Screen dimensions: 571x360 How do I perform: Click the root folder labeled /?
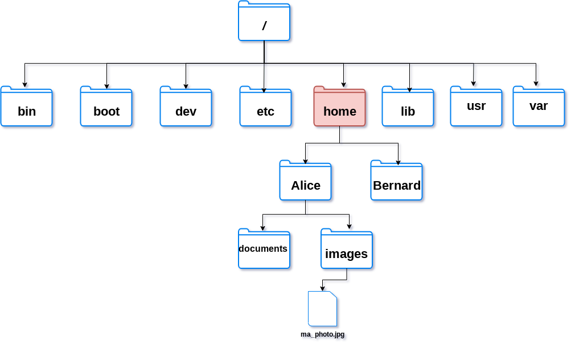coord(264,21)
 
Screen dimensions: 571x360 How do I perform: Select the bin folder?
coord(27,107)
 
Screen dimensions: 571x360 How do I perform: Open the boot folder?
coord(106,107)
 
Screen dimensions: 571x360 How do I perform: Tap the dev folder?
coord(186,107)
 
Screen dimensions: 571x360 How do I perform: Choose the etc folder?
coord(265,107)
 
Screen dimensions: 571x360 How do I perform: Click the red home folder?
coord(339,107)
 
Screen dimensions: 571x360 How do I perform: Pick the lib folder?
coord(408,107)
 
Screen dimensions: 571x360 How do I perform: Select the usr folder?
coord(476,107)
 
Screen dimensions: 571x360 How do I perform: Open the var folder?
coord(539,107)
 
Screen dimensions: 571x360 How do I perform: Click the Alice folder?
coord(305,181)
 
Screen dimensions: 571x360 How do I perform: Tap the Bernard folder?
coord(396,181)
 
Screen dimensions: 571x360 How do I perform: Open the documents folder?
coord(264,249)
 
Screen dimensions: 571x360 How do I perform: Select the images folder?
coord(346,249)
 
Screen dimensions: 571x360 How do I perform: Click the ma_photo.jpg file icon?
coord(322,309)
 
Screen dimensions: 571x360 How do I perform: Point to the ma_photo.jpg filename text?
coord(322,334)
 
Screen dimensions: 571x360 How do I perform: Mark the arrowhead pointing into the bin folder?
coord(24,85)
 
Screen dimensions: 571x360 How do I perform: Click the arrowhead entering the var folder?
coord(536,84)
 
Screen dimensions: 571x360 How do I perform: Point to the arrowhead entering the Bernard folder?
coord(398,162)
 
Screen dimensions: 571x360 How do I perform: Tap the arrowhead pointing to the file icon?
coord(322,289)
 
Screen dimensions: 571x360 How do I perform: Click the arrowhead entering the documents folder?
coord(262,228)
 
